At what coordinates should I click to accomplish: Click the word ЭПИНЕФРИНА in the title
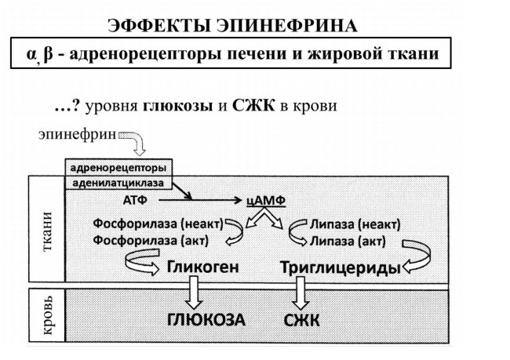click(287, 26)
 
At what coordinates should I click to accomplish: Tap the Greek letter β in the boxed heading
click(48, 54)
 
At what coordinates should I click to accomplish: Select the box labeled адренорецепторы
click(118, 168)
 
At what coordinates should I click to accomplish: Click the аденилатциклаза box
click(118, 183)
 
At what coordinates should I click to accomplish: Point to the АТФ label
click(135, 200)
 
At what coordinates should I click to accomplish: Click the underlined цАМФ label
click(266, 200)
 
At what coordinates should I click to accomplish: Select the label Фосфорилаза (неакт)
click(158, 224)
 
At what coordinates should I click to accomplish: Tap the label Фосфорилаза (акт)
click(151, 241)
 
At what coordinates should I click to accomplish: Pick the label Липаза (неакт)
click(355, 224)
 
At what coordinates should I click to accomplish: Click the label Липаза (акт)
click(348, 242)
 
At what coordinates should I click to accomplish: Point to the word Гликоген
click(203, 267)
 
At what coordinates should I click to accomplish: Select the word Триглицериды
click(341, 268)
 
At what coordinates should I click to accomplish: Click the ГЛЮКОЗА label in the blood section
click(206, 320)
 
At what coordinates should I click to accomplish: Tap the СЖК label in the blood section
click(301, 321)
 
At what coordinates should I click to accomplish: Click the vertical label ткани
click(47, 231)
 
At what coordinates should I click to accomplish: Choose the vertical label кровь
click(47, 315)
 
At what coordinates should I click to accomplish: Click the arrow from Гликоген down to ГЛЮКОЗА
click(194, 293)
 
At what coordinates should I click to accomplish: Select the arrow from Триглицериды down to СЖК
click(300, 293)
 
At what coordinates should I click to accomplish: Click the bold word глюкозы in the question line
click(178, 106)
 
